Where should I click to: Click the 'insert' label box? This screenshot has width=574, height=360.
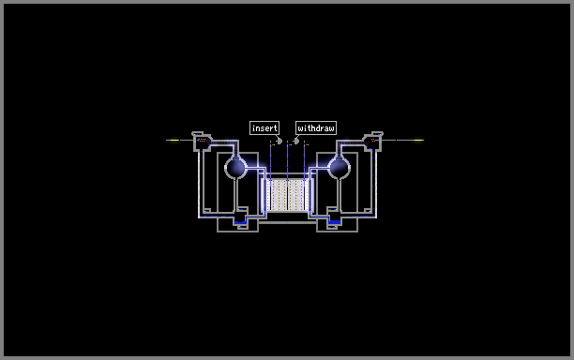[264, 128]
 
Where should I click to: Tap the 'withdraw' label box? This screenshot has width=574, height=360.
[315, 128]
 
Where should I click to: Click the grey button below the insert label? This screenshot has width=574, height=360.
[279, 141]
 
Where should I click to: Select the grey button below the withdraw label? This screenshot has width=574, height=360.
[296, 141]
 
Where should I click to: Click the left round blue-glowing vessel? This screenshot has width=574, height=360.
[236, 167]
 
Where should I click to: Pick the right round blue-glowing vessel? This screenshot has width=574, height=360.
[339, 167]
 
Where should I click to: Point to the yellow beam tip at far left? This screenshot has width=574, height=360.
[173, 140]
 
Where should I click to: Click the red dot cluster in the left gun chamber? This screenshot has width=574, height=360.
[202, 140]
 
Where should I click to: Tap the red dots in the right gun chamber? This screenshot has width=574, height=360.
[373, 140]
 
